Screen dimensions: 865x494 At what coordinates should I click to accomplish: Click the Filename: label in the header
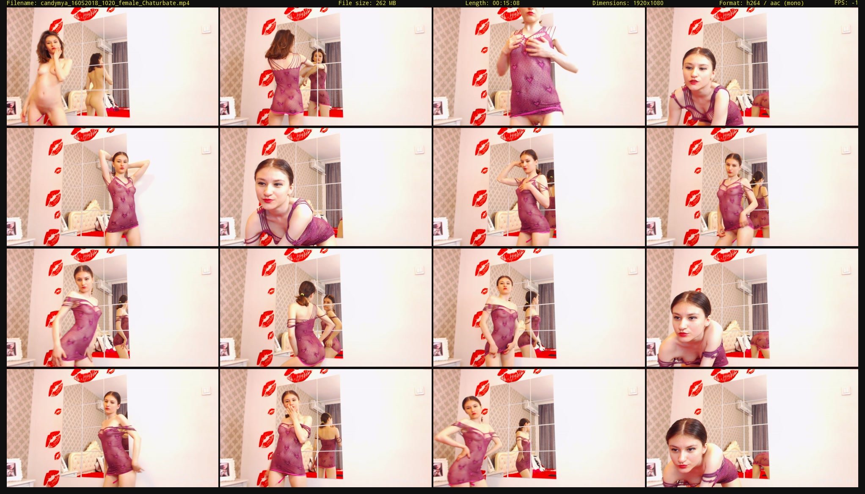pos(22,3)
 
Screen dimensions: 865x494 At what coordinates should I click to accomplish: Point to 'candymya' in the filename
pos(54,3)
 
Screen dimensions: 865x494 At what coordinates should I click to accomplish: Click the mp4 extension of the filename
pos(185,3)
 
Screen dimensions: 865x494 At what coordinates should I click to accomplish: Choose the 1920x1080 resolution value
pos(648,3)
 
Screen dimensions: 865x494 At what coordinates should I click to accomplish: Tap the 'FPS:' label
pos(841,3)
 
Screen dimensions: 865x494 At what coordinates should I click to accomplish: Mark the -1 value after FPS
pos(854,3)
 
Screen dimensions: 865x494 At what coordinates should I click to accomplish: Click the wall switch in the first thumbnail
pos(206,29)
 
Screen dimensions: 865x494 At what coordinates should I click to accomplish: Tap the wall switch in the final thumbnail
pos(846,391)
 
